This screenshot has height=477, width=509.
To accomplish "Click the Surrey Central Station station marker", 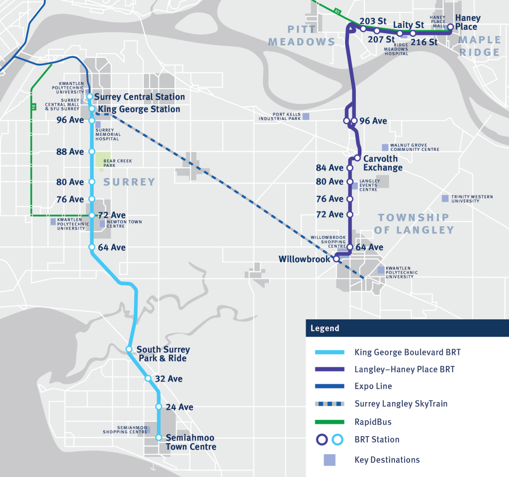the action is pyautogui.click(x=89, y=96).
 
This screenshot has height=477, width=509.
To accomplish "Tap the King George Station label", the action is pyautogui.click(x=139, y=109).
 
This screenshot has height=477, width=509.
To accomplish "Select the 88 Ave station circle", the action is pyautogui.click(x=92, y=151).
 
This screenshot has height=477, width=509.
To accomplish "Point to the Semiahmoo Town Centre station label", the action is pyautogui.click(x=191, y=442).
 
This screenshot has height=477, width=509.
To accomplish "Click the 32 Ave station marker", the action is pyautogui.click(x=148, y=378).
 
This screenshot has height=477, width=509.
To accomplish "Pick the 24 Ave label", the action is pyautogui.click(x=179, y=407).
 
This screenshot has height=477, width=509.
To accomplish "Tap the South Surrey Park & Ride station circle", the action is pyautogui.click(x=129, y=349).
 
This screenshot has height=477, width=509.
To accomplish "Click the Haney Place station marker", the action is pyautogui.click(x=450, y=27).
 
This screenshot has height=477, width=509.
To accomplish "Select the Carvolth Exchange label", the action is pyautogui.click(x=383, y=163).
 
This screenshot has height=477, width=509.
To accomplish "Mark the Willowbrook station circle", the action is pyautogui.click(x=337, y=259).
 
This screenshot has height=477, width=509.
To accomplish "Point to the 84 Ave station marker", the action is pyautogui.click(x=350, y=168).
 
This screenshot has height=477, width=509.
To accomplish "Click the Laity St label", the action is pyautogui.click(x=409, y=25).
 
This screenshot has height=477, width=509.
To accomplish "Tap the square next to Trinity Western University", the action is pyautogui.click(x=445, y=198).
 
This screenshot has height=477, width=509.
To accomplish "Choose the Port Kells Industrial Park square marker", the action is pyautogui.click(x=306, y=116).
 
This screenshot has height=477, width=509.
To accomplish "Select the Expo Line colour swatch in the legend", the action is pyautogui.click(x=330, y=386).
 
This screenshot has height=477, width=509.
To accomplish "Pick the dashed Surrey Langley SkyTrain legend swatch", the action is pyautogui.click(x=330, y=404).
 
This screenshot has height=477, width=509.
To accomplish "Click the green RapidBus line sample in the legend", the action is pyautogui.click(x=330, y=422).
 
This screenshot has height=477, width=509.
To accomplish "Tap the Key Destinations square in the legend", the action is pyautogui.click(x=330, y=460).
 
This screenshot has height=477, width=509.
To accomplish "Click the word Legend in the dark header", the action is pyautogui.click(x=325, y=328).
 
